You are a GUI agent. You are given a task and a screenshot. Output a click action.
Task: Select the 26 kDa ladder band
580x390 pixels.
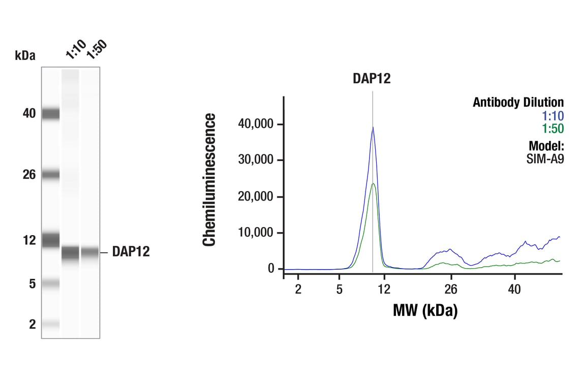click(50, 175)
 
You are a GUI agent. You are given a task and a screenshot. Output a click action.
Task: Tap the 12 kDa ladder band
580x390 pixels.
click(50, 239)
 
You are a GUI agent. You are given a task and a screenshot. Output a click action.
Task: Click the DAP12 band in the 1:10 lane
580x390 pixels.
click(71, 252)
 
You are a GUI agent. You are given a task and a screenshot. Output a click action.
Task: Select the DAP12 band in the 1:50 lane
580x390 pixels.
click(89, 252)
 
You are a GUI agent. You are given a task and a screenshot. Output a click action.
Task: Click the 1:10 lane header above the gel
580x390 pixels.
click(75, 50)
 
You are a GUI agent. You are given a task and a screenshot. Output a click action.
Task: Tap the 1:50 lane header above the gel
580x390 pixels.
click(96, 50)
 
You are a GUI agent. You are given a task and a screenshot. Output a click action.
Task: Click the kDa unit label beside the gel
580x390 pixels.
click(25, 55)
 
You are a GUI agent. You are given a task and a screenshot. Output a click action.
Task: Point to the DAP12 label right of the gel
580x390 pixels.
click(131, 252)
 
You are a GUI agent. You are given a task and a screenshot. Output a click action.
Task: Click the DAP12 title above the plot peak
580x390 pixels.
click(372, 78)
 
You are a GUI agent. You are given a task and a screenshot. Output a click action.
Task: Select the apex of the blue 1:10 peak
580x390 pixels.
click(373, 127)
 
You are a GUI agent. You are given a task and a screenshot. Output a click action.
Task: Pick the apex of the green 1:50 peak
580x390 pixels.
click(373, 183)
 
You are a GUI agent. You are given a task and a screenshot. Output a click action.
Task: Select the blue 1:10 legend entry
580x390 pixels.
click(554, 116)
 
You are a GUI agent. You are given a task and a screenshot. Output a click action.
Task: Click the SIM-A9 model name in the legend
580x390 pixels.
click(545, 158)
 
